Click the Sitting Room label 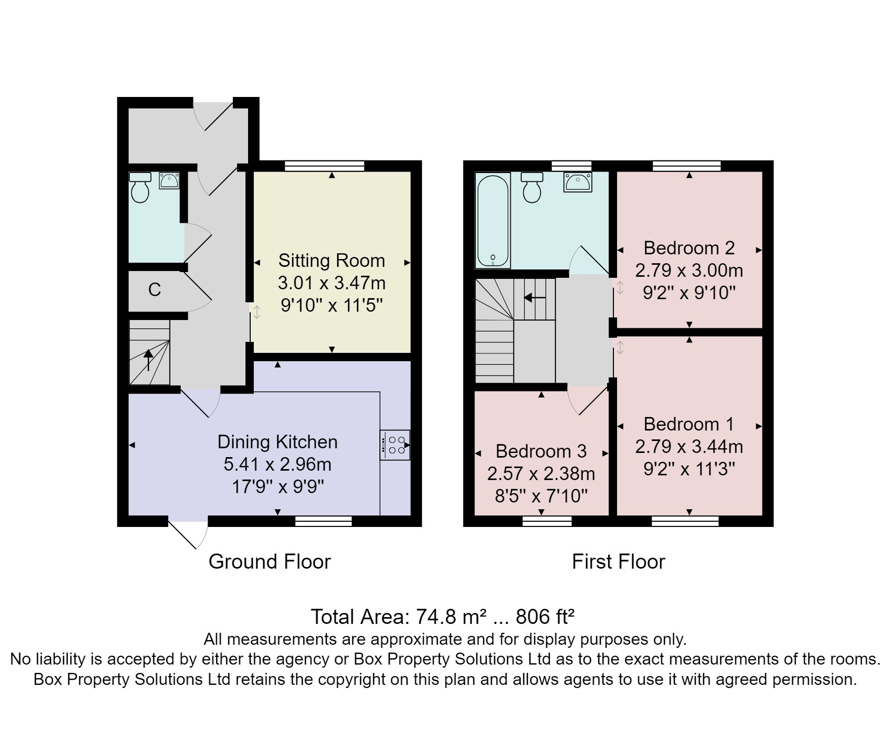331,261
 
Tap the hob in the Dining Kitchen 395,445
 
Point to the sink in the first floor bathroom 577,182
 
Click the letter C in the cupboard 154,290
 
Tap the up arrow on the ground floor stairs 149,359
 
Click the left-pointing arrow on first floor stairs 534,298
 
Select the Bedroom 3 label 541,451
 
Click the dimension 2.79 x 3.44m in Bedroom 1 689,447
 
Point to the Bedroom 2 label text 689,248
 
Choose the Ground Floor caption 269,562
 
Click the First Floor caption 618,562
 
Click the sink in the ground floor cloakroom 169,181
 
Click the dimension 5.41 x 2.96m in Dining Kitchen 277,464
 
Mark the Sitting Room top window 324,166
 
